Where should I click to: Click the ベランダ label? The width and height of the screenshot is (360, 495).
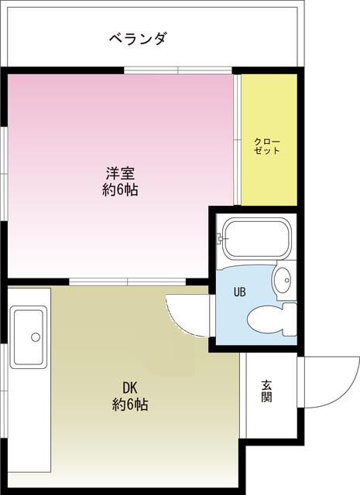coord(138,39)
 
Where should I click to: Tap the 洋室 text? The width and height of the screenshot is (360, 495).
coord(120,172)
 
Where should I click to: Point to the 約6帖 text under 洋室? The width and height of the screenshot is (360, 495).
coord(120,189)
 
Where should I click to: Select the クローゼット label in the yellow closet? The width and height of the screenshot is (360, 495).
coord(268,145)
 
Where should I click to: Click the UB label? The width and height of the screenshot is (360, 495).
coord(241,292)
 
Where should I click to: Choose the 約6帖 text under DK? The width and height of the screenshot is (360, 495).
coord(129,405)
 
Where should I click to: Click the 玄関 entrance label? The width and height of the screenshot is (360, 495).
coord(266,391)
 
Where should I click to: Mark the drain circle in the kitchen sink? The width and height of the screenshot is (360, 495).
coord(34,336)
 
